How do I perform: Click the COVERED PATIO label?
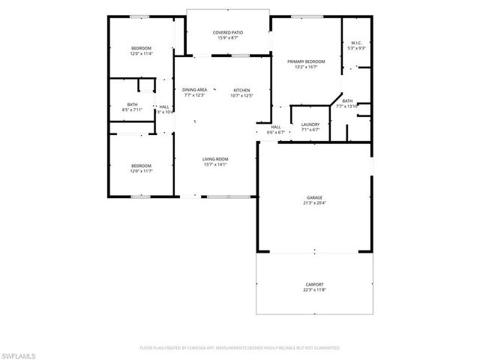coord(228,32)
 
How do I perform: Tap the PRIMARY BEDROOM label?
coord(306,61)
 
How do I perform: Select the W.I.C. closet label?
coord(356,43)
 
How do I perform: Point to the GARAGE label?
coord(314,197)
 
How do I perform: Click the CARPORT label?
coord(314,284)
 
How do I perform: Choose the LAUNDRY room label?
coord(310,124)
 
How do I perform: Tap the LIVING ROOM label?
coord(215,159)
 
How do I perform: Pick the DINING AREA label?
coord(194,90)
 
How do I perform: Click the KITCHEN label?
coord(241,90)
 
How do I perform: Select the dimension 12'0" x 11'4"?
coord(141,54)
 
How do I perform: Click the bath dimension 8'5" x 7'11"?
coord(132,109)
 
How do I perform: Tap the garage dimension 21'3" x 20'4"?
coord(314,203)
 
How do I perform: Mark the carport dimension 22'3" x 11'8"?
coord(314,290)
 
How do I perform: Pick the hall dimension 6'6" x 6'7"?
coord(276,133)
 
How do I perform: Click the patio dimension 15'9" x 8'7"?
coord(228,38)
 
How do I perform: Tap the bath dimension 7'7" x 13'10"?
coord(347,106)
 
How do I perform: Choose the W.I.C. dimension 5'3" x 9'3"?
coord(356,49)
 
